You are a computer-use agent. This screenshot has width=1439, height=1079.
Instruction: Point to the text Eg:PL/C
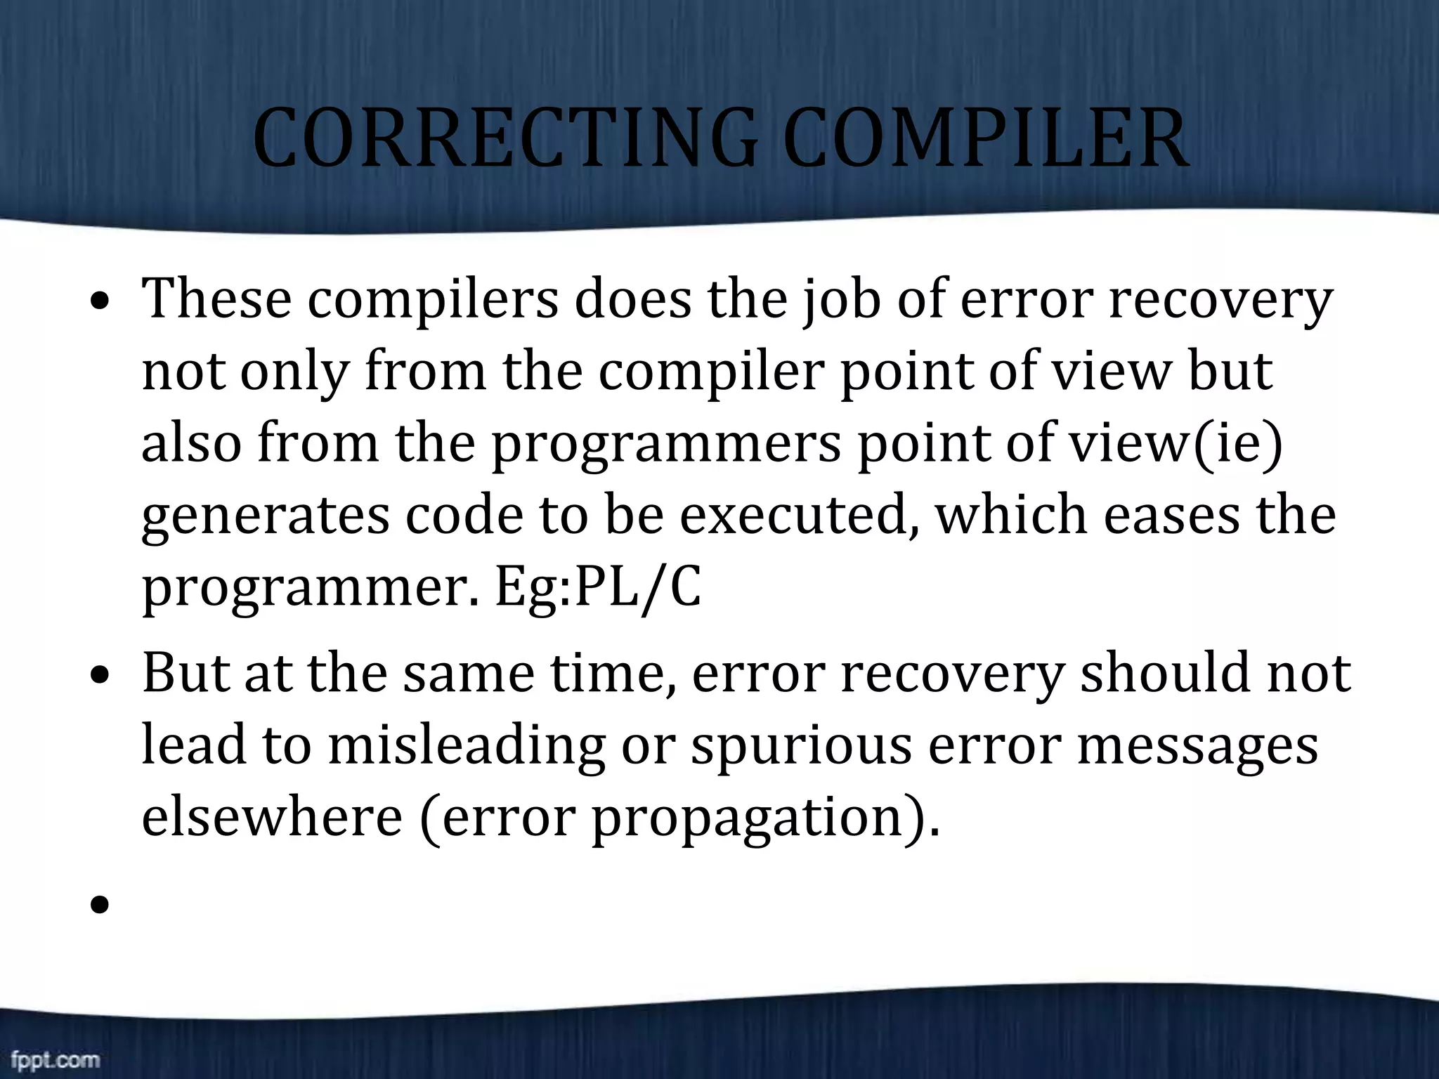point(598,589)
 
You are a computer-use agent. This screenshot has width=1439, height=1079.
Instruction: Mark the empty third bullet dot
point(100,905)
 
